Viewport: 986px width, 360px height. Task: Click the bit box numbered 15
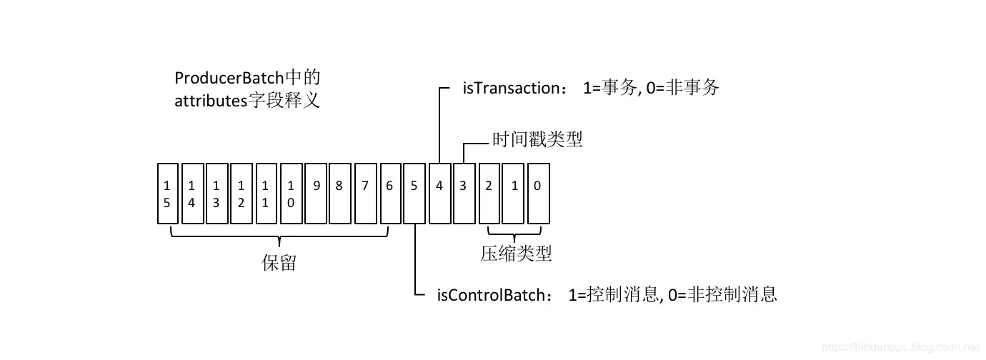[x=167, y=194]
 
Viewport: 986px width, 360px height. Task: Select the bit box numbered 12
[x=241, y=194]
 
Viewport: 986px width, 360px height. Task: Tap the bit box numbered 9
[x=314, y=186]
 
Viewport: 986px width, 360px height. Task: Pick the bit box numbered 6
[x=389, y=186]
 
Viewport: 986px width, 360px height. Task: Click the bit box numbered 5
[x=414, y=186]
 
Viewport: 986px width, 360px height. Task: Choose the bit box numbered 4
[x=439, y=186]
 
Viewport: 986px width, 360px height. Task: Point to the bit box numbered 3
[x=464, y=186]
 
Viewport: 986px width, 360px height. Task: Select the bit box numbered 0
[x=537, y=186]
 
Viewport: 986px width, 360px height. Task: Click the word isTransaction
[x=509, y=89]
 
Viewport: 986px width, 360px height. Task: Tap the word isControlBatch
[x=494, y=294]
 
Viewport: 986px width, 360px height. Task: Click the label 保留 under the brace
[x=279, y=264]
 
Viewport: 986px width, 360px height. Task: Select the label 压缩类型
[x=516, y=254]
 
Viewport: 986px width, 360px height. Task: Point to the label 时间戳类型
[x=537, y=139]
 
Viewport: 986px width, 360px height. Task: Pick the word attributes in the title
[x=209, y=101]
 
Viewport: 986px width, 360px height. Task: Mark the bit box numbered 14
[x=191, y=194]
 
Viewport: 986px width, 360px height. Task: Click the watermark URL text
[x=900, y=347]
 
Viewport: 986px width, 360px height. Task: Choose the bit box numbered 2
[x=489, y=186]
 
